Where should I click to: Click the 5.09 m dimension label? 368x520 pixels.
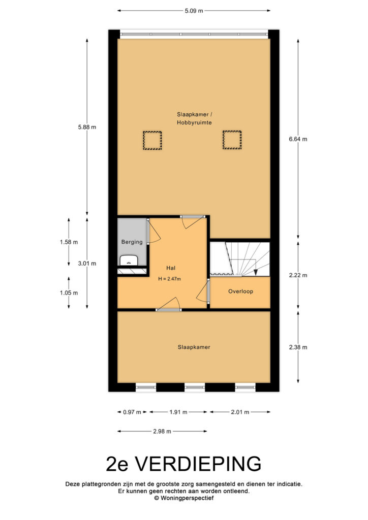[194, 11]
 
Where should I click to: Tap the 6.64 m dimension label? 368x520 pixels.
[298, 139]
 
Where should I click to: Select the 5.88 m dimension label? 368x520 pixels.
[87, 127]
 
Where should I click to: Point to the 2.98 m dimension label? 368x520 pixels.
[162, 431]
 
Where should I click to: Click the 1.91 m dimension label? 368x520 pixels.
[178, 412]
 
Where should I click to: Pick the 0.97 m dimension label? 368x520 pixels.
[132, 412]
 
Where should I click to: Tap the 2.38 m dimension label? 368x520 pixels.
[298, 347]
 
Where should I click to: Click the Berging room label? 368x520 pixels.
[132, 242]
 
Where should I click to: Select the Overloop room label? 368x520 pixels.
[240, 291]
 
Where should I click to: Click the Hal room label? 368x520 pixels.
[171, 268]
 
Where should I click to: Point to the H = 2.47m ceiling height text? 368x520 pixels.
[170, 279]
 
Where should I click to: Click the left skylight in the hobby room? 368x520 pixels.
[152, 140]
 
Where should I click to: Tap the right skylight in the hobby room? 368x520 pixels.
[232, 140]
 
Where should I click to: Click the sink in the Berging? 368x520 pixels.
[130, 261]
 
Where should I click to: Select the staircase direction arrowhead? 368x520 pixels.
[256, 272]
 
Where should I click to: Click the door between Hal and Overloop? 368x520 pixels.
[203, 291]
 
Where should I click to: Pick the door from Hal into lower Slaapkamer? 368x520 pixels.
[169, 305]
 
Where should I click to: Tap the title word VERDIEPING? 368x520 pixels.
[199, 464]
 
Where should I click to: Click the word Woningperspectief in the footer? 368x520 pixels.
[187, 498]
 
